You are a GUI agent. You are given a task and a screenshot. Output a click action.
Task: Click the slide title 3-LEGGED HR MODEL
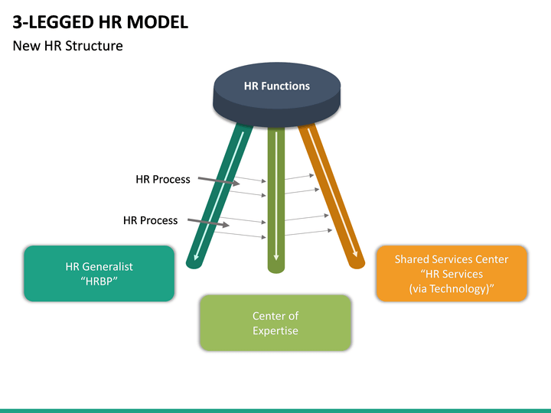coord(100,22)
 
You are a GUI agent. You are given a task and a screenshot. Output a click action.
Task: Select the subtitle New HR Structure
coord(68,46)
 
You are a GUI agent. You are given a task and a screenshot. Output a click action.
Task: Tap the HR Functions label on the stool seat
coord(277,86)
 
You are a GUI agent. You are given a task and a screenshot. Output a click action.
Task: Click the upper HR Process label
coord(163,180)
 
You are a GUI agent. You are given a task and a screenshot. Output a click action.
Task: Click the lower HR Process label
coord(151,220)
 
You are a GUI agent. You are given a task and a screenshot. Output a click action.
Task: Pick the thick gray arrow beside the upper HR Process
coord(219,180)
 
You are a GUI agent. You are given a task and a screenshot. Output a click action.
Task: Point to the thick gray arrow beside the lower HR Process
coord(208,223)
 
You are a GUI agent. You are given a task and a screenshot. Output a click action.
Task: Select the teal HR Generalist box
coord(99,274)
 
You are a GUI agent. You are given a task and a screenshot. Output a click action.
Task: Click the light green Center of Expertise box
coord(275,323)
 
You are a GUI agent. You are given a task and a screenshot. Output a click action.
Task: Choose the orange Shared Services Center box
coord(452,274)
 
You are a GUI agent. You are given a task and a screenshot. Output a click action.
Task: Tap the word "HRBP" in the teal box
coord(99,281)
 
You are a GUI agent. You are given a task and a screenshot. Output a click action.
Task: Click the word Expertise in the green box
coord(275,331)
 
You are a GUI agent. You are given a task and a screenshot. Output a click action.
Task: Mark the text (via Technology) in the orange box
coord(452,288)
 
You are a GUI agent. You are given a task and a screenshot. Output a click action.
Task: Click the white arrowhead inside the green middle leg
coord(276,257)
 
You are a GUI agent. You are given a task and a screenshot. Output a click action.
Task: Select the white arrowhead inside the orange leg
coord(355,254)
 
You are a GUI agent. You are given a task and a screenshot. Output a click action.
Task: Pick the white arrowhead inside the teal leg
coord(196,257)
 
